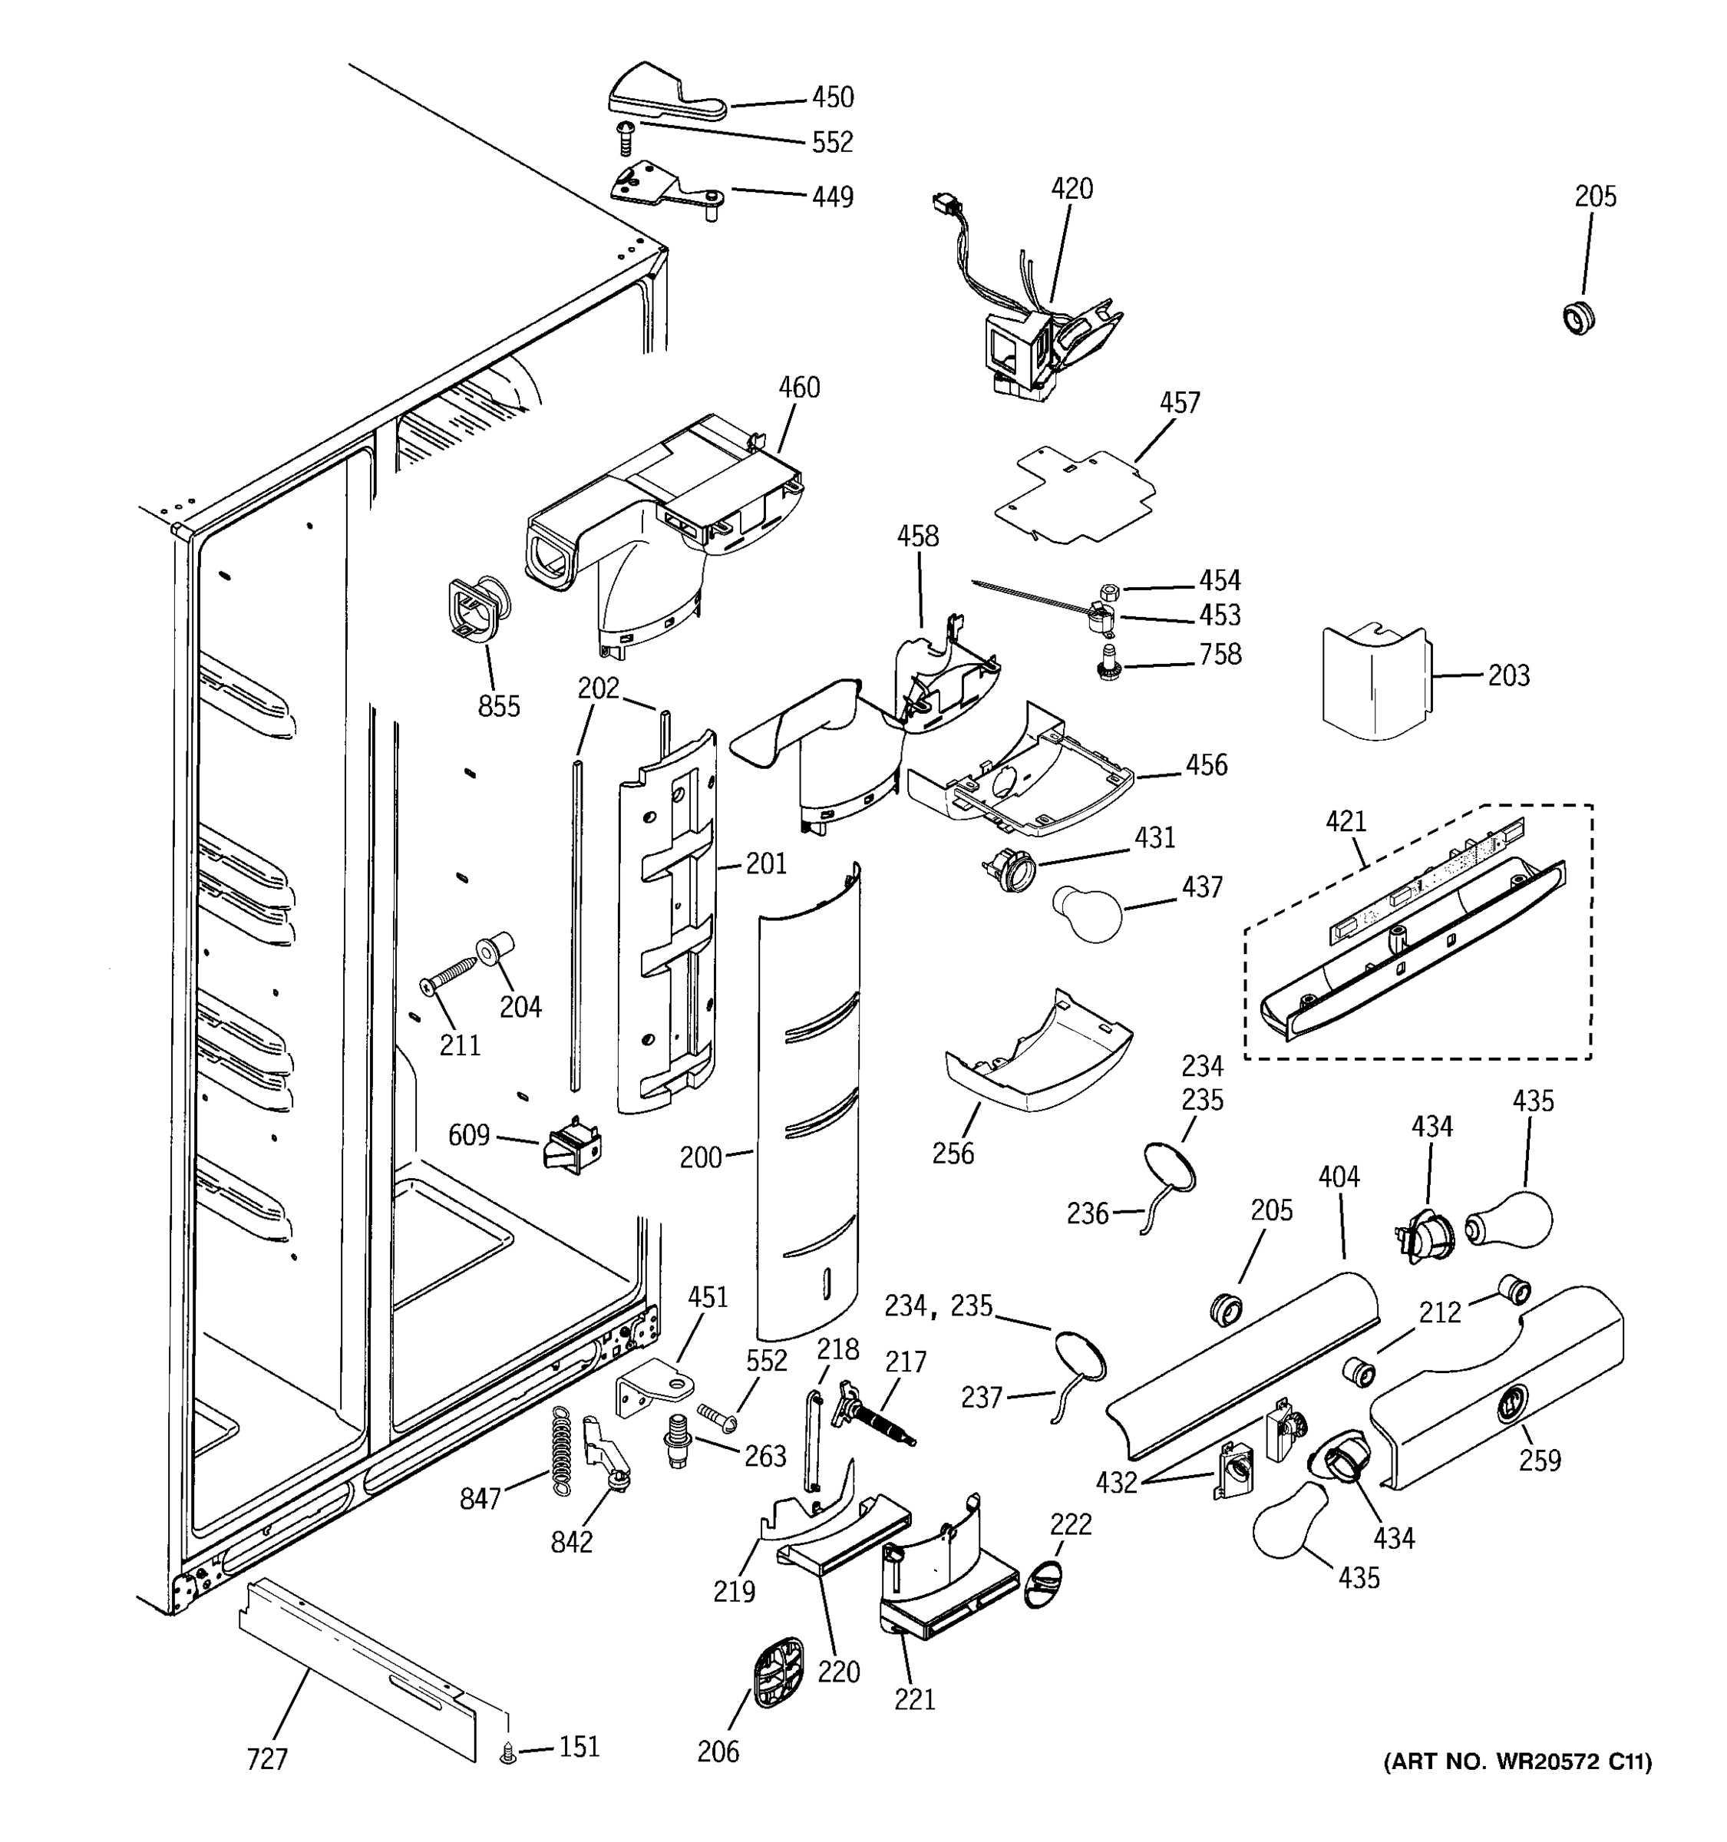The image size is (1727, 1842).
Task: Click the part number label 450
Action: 832,97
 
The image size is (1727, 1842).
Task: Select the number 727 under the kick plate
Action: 267,1758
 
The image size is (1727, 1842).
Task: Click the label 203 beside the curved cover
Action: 1508,675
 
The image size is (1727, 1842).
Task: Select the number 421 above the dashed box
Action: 1346,821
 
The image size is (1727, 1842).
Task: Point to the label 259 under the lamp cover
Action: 1539,1461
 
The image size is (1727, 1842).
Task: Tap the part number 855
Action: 498,706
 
